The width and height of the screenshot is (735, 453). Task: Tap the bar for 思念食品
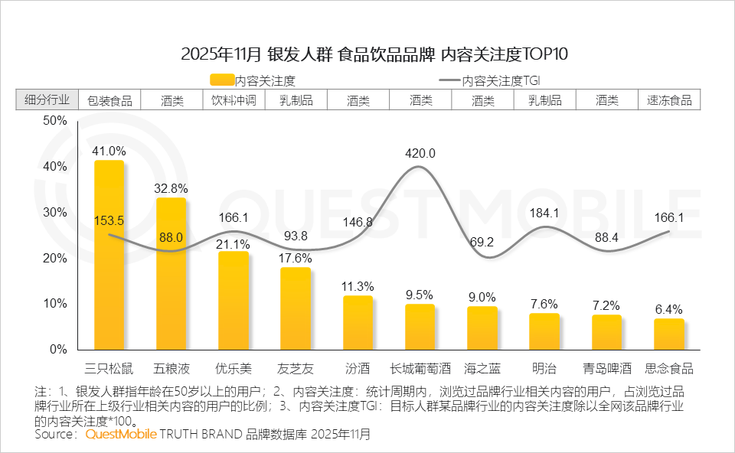[668, 334]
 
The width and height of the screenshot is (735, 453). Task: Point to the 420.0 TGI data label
[420, 153]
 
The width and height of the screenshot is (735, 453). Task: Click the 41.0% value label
[108, 151]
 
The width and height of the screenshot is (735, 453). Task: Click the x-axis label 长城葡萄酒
[420, 369]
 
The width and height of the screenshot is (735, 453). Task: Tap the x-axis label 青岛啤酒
[606, 369]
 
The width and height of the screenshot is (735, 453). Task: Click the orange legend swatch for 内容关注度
[221, 80]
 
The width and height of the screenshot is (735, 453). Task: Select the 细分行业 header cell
[47, 100]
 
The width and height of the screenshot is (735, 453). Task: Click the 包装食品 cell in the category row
[109, 100]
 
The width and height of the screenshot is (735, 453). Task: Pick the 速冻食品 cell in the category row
[669, 100]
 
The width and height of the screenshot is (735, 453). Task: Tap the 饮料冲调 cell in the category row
[234, 100]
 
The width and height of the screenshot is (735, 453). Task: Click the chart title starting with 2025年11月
[374, 54]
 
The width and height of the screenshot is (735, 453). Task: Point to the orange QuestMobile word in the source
[121, 435]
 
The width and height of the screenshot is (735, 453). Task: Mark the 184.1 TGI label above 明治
[544, 212]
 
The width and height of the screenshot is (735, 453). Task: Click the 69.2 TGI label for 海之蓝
[482, 242]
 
